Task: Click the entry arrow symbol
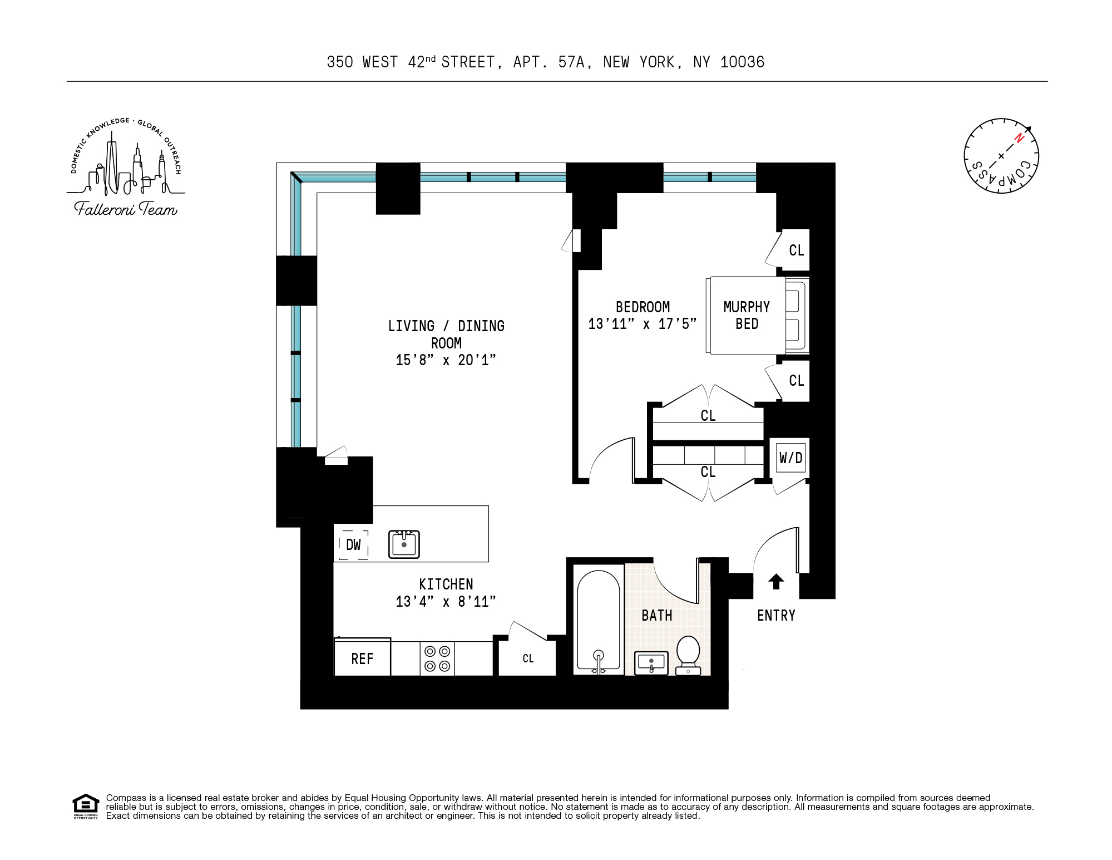776,582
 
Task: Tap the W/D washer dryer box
790,458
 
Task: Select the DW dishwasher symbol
353,545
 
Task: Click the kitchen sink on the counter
404,544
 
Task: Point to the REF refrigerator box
362,658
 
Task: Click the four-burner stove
437,658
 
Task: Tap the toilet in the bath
688,655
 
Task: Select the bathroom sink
651,663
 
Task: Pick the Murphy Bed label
747,316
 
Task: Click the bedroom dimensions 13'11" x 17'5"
643,324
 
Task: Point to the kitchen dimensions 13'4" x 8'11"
446,602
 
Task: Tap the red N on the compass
1019,137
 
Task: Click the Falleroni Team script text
126,209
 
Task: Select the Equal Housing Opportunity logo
86,806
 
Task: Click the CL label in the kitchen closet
528,658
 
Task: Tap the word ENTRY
776,616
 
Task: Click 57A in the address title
571,62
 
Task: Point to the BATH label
657,616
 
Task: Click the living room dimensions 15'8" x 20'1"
446,360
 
